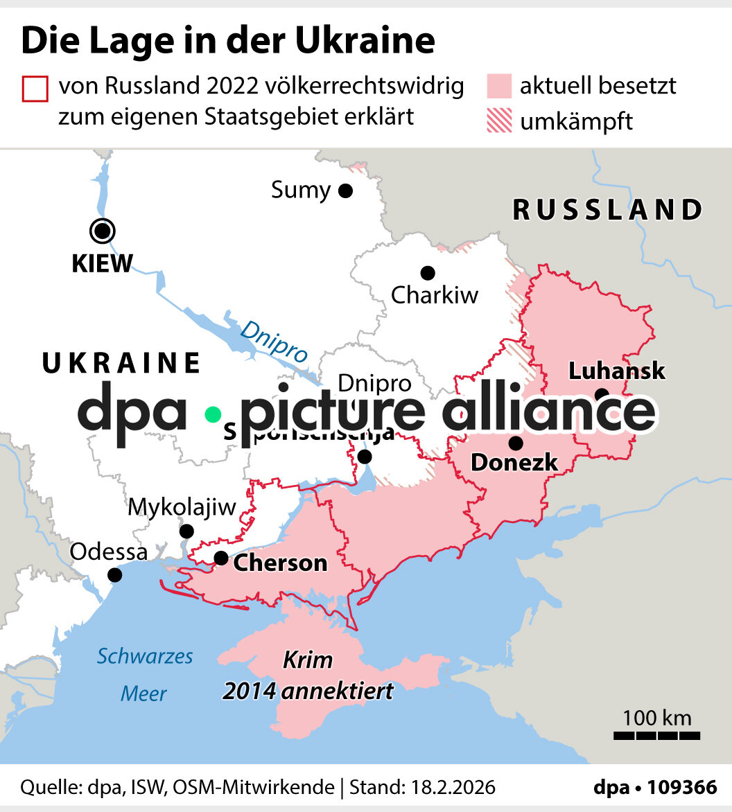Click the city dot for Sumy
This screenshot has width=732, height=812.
pos(345,191)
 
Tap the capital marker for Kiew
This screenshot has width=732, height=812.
pos(103,231)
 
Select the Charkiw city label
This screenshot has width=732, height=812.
pos(435,295)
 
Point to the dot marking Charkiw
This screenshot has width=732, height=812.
pos(428,273)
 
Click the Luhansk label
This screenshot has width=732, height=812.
pos(616,371)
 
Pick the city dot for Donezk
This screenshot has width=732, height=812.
pos(515,443)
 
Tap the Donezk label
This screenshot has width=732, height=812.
pos(514,462)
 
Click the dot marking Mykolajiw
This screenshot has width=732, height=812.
pos(186,531)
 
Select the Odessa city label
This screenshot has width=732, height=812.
pos(109,552)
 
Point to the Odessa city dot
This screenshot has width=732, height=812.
pos(115,575)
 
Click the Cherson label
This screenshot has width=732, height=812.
pos(280,563)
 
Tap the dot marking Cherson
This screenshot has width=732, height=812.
pos(220,558)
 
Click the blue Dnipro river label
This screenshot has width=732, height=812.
pos(273,341)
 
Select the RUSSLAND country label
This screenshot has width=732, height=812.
pos(607,210)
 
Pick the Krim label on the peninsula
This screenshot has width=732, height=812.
pos(308,660)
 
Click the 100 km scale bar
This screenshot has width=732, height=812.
pos(656,734)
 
